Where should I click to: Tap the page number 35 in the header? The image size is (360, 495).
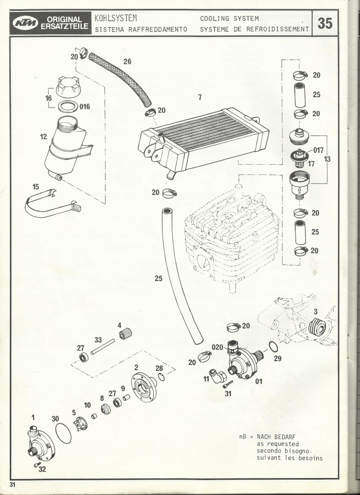click(x=325, y=23)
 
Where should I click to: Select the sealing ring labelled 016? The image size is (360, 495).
click(x=65, y=107)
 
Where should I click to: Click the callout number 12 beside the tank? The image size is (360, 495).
click(x=43, y=138)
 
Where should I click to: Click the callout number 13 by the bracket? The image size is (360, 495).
click(x=327, y=160)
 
